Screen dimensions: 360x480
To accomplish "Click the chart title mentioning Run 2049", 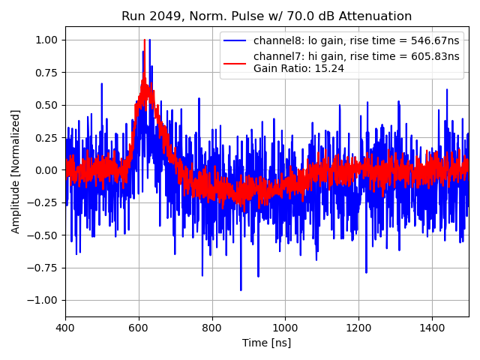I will point(266,16).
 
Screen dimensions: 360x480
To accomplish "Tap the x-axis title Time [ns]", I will point(266,343).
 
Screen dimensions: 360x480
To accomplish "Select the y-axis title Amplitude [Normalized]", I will point(16,171).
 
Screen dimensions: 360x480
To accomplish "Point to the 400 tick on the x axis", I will point(65,328).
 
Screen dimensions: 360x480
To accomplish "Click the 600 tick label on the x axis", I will point(139,328).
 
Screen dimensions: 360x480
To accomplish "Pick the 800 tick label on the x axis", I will point(212,328).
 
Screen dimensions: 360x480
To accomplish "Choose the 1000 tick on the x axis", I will point(285,328).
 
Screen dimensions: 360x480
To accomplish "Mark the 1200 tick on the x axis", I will point(358,328).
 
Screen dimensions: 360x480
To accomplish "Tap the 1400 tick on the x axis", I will point(432,328).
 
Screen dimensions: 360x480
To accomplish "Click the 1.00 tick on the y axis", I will point(47,40).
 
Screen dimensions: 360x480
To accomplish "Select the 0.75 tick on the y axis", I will point(47,72).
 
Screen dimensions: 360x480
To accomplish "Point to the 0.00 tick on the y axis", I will point(47,170).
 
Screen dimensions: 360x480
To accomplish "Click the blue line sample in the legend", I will point(235,40).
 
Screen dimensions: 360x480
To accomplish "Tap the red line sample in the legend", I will point(235,57).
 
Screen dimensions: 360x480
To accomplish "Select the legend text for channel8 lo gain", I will point(356,40).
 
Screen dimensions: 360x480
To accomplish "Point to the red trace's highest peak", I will point(144,40).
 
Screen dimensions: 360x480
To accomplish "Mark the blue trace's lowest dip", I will point(241,289).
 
